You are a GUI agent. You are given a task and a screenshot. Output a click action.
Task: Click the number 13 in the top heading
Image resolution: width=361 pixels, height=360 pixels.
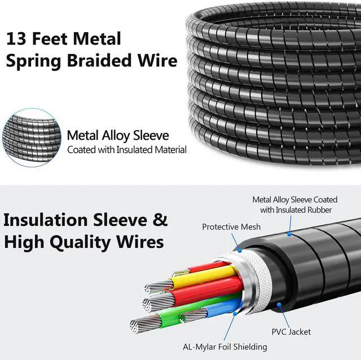[16, 39]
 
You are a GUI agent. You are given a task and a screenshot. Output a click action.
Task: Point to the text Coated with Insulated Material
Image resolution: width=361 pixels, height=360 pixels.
[127, 150]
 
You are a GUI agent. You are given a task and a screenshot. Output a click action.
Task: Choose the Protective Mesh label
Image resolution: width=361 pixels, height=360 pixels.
[231, 227]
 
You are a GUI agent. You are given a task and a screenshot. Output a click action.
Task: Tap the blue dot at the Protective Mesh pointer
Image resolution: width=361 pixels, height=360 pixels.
[239, 248]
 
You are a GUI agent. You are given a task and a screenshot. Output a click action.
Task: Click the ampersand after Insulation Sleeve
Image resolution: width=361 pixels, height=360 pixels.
[160, 219]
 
